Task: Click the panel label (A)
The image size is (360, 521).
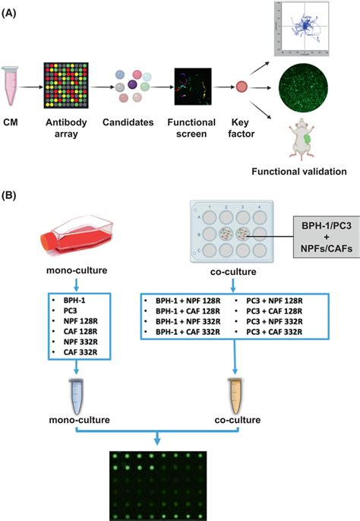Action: (x=14, y=7)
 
